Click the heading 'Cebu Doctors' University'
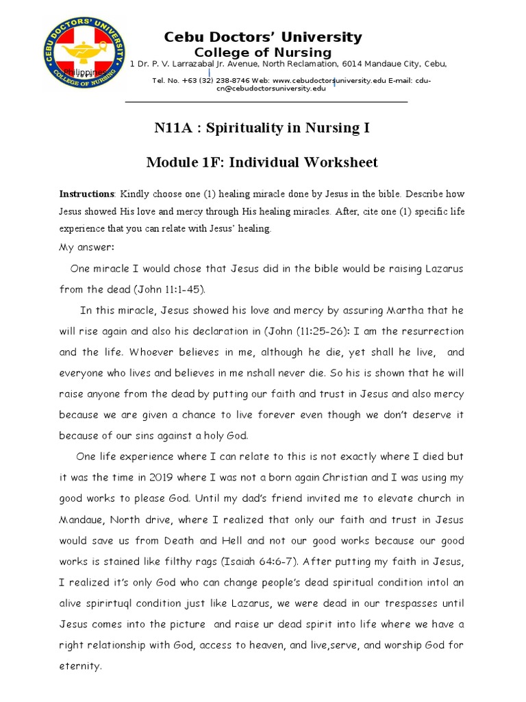[x=262, y=37]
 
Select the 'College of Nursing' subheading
[x=263, y=53]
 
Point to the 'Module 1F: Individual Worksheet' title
[x=262, y=162]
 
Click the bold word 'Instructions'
[x=86, y=194]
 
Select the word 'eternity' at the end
[x=80, y=665]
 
